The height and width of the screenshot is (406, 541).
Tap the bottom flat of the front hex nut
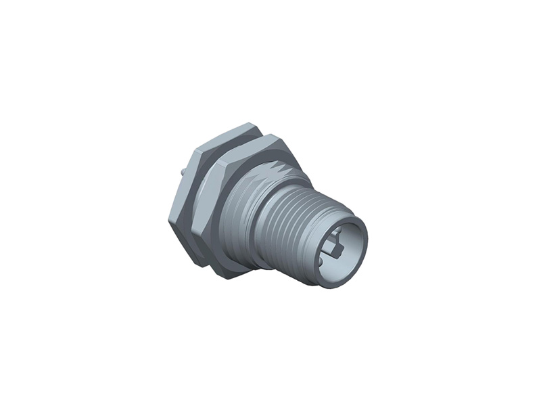233,271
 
